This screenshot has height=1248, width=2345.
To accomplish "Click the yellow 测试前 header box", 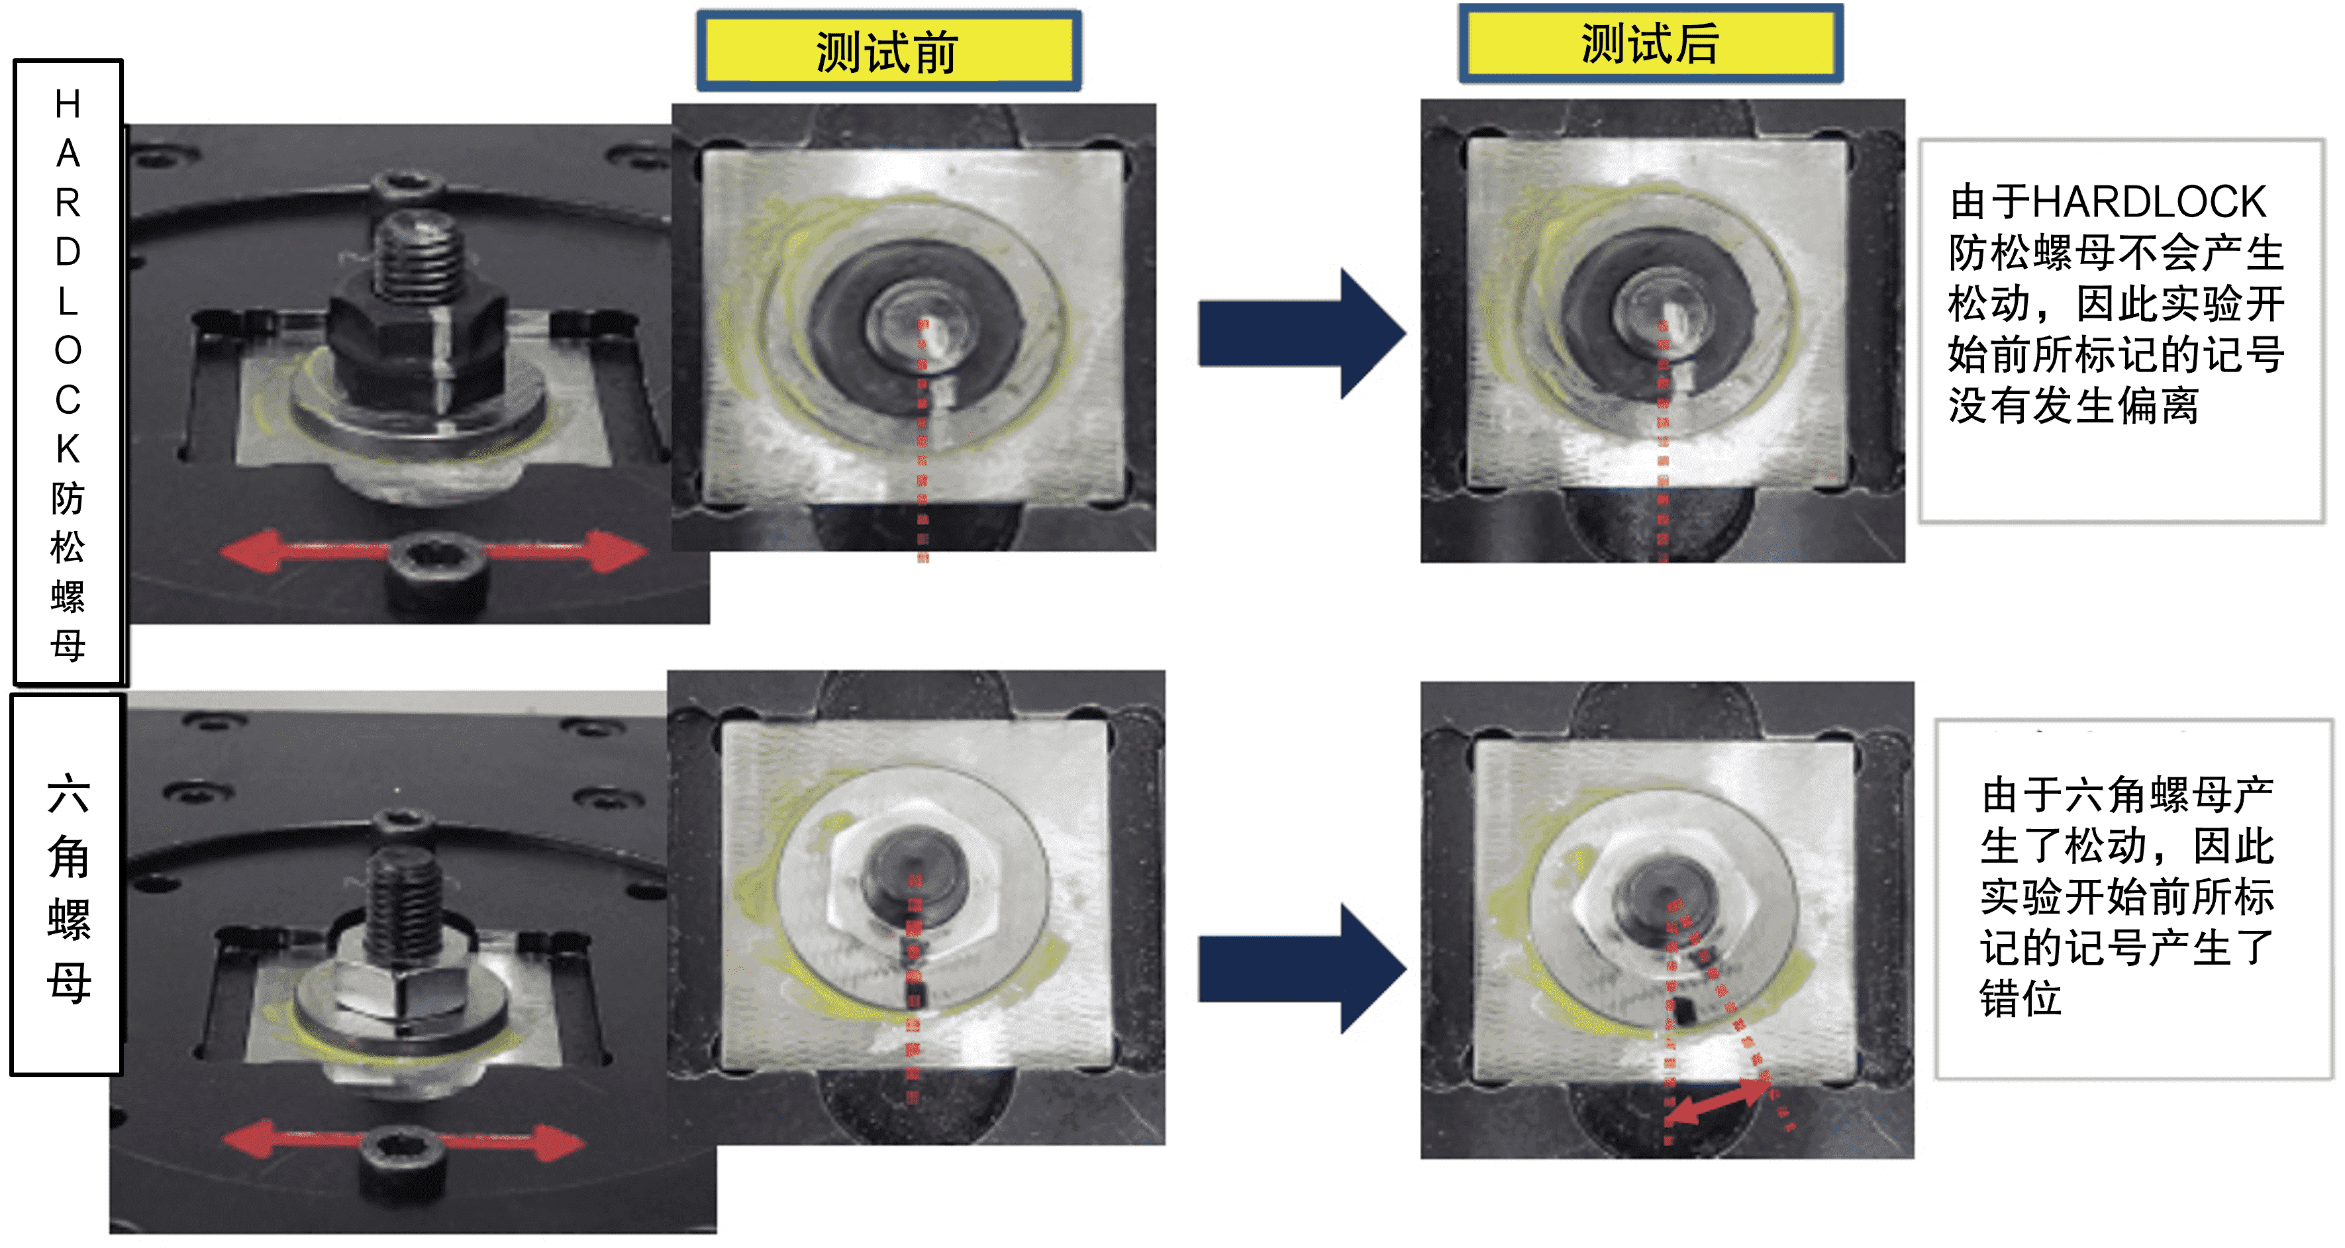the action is click(x=889, y=51).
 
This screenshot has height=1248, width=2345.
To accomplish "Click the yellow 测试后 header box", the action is click(x=1650, y=44).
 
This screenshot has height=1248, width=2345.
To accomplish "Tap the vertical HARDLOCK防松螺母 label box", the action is click(x=68, y=372).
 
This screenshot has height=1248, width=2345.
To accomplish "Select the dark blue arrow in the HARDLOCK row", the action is click(x=1302, y=333).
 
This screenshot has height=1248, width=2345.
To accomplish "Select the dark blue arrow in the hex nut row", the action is click(x=1302, y=969).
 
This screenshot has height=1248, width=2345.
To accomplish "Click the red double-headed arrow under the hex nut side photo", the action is click(x=403, y=1141).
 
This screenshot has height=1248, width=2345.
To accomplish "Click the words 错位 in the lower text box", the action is click(x=2021, y=998).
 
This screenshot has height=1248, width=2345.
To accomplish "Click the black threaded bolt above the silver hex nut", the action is click(x=404, y=901).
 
